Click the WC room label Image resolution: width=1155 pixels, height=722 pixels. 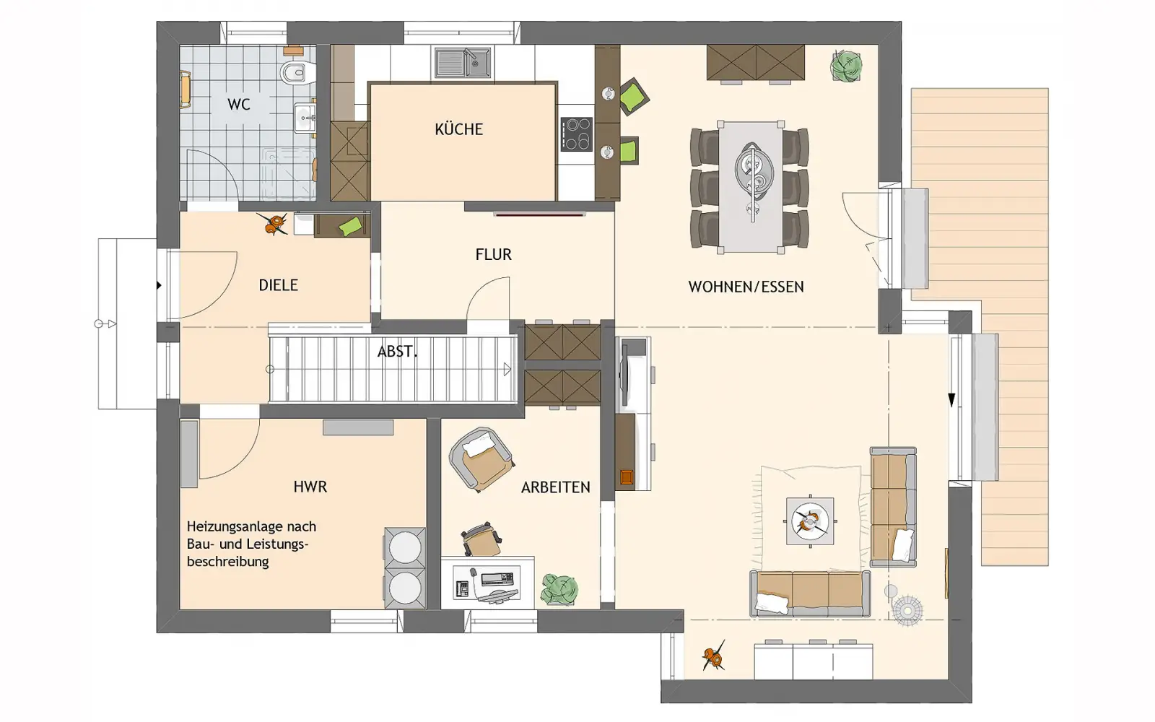(x=239, y=104)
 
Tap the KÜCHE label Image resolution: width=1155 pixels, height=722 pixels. (x=458, y=129)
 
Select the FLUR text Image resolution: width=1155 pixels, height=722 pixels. (x=494, y=254)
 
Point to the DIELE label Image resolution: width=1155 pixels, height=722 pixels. (x=279, y=285)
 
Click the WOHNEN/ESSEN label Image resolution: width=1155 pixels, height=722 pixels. (x=746, y=287)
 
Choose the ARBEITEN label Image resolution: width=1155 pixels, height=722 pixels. (x=555, y=487)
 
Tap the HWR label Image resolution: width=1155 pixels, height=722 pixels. (x=310, y=487)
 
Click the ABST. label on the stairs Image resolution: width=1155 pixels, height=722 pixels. (x=397, y=352)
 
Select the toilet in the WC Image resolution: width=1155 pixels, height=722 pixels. (x=298, y=73)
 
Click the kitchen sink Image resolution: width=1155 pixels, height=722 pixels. (x=463, y=63)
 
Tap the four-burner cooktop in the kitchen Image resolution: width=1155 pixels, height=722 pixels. (x=577, y=134)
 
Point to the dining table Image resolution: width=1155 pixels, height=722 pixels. (x=750, y=187)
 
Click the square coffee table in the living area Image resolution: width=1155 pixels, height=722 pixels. (x=809, y=521)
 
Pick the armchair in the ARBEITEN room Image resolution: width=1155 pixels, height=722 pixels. (x=481, y=459)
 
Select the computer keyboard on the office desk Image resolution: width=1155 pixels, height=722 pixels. (x=497, y=578)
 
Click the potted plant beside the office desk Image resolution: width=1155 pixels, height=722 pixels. (x=559, y=589)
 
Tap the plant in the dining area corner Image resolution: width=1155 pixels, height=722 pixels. (x=845, y=66)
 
